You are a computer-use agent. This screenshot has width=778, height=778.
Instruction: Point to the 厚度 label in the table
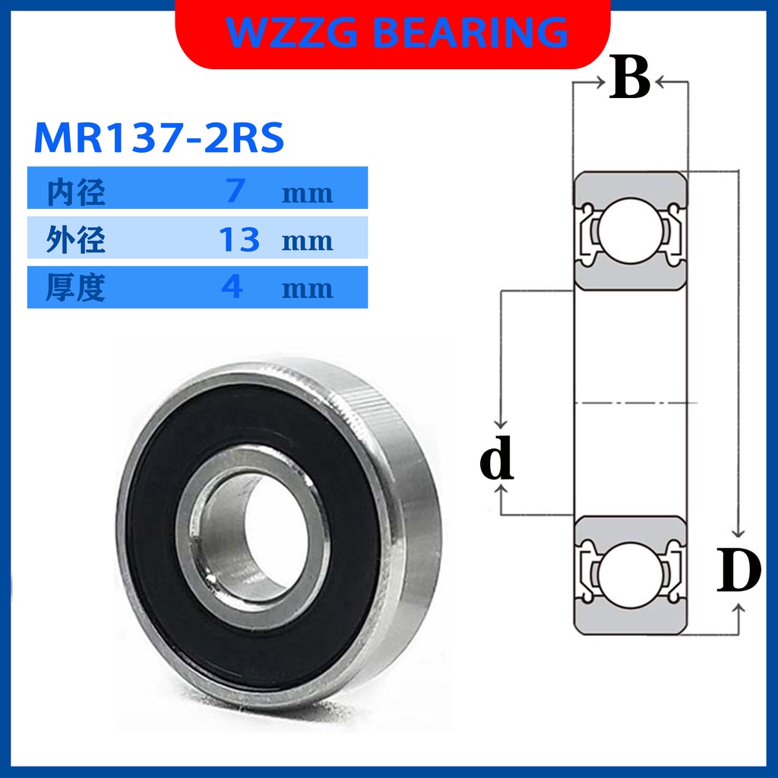coord(75,287)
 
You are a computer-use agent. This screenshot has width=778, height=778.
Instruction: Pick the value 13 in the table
coord(239,239)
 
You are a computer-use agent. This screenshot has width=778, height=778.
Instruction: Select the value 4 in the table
coord(232,287)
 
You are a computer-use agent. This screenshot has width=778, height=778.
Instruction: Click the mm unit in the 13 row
coord(307,242)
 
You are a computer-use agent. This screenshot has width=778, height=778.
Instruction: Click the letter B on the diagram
coord(630,79)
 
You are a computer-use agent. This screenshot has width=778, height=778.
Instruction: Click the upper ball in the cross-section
coord(631,230)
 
